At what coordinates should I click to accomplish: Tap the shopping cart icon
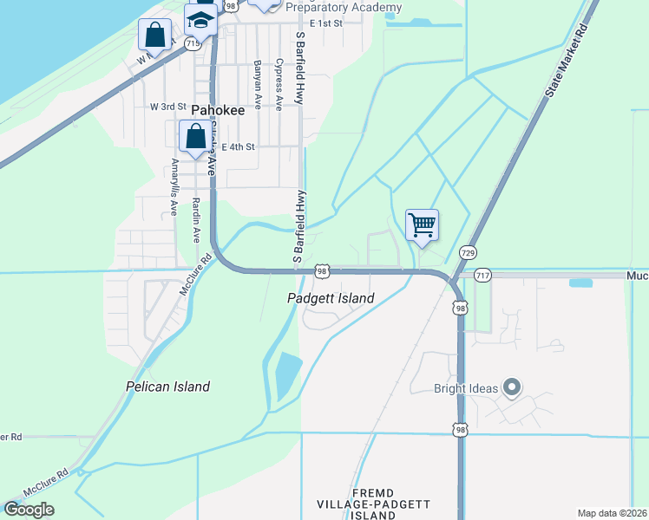coord(422,225)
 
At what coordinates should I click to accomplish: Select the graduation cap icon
coord(201,19)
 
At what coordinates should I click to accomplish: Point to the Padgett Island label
coord(331,298)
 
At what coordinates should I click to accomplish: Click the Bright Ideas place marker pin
coord(512,388)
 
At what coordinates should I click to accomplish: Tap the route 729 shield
coord(468,252)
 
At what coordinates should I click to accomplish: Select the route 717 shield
coord(483,275)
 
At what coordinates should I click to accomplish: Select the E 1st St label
coord(326,23)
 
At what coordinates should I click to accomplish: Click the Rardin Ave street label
coord(196,222)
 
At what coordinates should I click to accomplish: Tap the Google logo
coord(29,509)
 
